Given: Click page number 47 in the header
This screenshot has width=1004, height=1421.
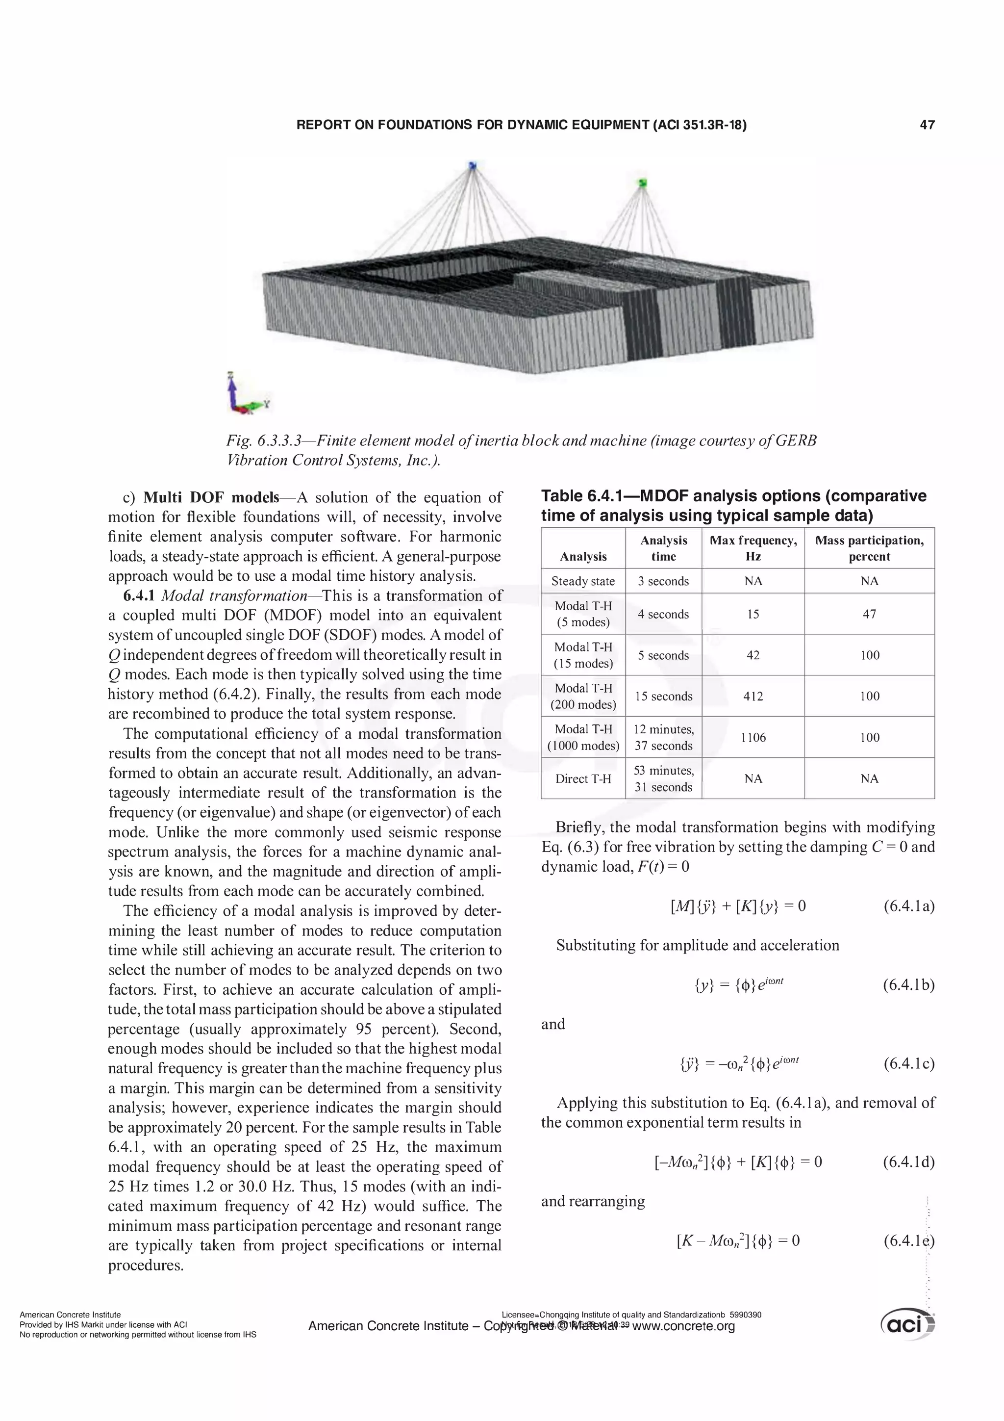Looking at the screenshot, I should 927,125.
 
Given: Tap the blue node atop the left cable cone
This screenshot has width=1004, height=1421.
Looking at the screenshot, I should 473,165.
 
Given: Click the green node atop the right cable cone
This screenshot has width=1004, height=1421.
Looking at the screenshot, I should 642,182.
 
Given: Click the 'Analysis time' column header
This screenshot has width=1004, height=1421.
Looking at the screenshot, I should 663,548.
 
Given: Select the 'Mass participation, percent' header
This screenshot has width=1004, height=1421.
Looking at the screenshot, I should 869,548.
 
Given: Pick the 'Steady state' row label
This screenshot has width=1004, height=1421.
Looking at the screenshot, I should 583,581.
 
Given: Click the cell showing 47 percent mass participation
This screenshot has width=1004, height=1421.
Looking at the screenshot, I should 869,614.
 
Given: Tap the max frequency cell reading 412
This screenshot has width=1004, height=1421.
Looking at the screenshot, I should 753,696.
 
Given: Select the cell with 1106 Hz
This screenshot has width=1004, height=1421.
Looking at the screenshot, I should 753,737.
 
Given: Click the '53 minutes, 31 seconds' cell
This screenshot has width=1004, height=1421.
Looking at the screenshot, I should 663,778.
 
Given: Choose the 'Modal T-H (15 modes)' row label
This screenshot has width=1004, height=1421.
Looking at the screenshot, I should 583,655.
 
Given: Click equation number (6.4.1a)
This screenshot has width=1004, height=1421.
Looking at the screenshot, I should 908,906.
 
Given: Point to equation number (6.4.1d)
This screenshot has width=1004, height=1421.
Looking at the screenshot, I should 908,1162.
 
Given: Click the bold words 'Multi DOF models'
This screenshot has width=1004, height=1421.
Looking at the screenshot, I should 211,497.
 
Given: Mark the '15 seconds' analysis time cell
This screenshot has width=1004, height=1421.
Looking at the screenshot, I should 663,696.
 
